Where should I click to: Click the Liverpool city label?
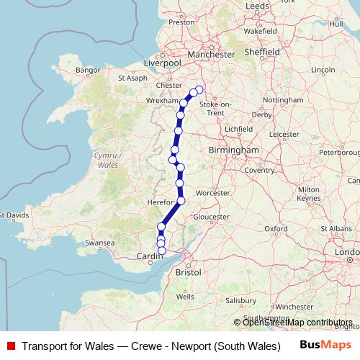click(x=162, y=62)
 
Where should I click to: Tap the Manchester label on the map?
click(x=211, y=55)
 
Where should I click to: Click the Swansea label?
click(x=100, y=243)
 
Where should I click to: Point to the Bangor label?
click(x=86, y=70)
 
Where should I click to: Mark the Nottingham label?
click(x=283, y=99)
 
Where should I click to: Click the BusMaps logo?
click(x=327, y=346)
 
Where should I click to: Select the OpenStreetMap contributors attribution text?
click(x=297, y=322)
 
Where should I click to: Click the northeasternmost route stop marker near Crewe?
click(x=199, y=89)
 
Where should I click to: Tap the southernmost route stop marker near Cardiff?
click(x=161, y=251)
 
